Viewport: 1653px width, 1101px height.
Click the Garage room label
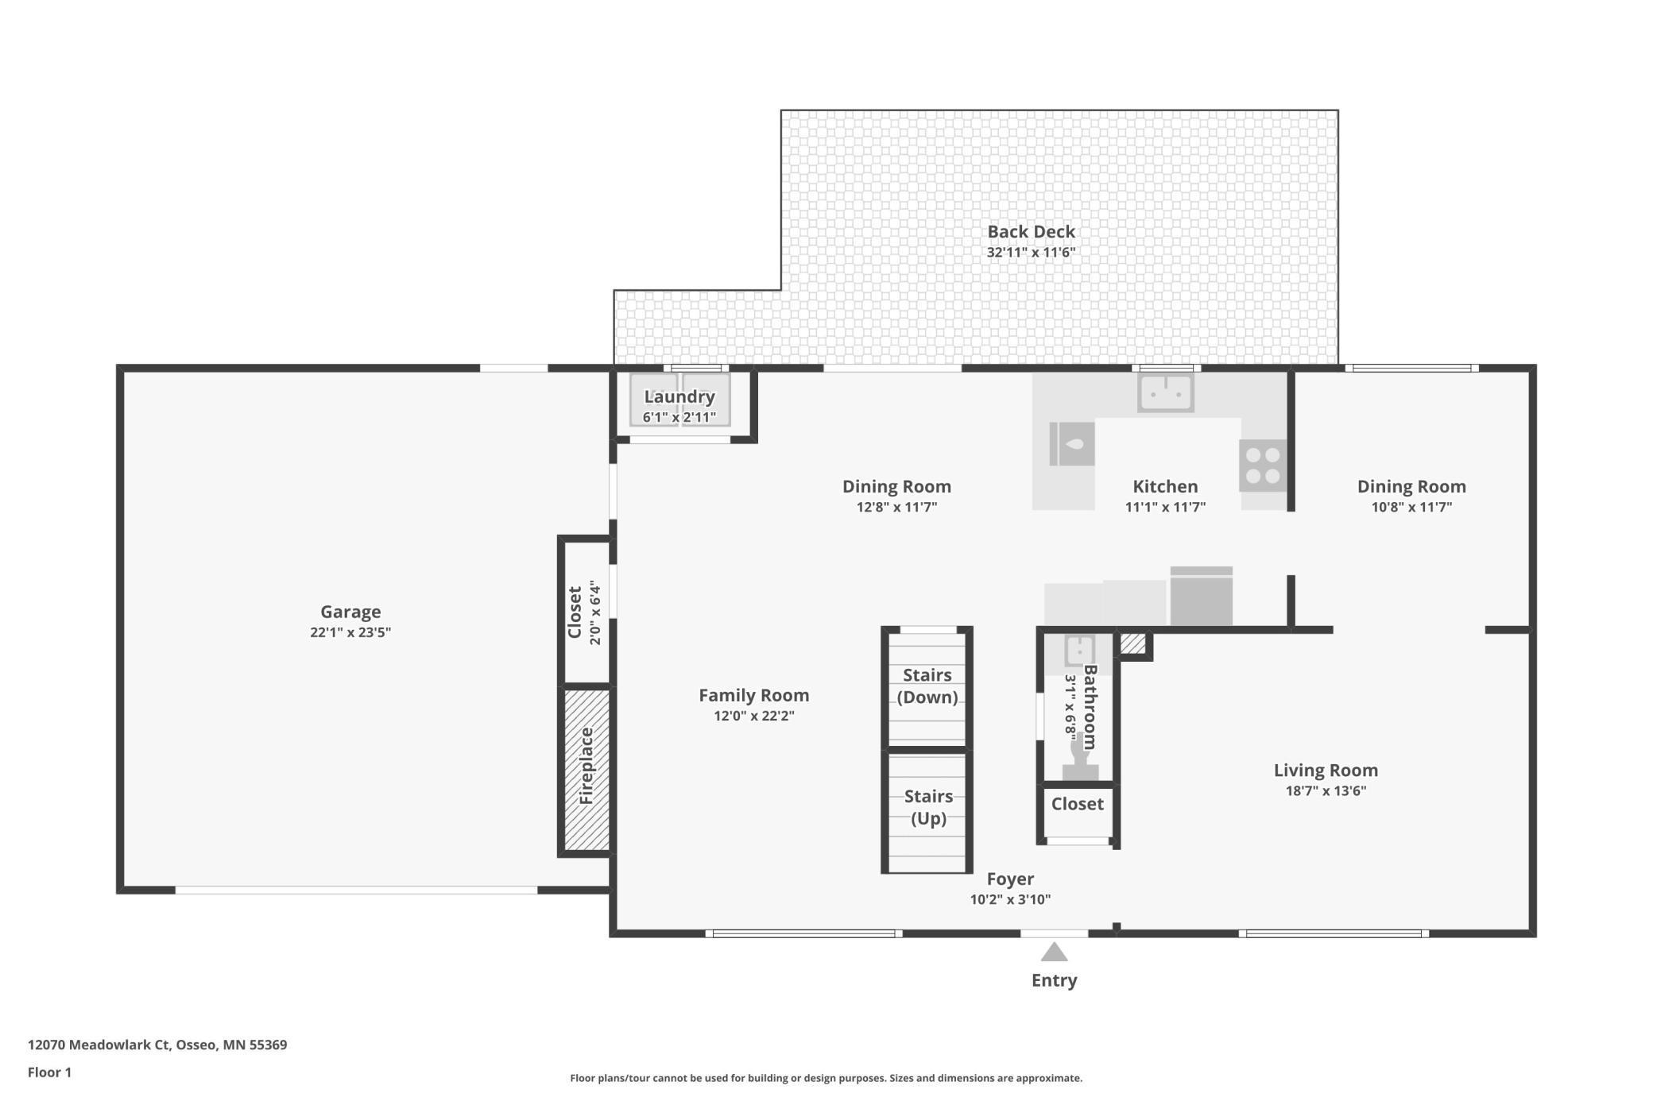(350, 612)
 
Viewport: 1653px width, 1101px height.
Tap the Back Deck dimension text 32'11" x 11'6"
(1031, 253)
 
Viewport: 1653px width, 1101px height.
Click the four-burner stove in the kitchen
(1262, 466)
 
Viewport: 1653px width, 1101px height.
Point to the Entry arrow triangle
(1054, 952)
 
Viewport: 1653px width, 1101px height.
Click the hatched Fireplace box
(586, 769)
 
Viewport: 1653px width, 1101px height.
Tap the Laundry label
(679, 396)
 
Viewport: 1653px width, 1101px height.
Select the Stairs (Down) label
(927, 686)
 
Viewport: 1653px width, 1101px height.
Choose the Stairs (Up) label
(928, 807)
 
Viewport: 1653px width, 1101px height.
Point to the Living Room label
(1326, 770)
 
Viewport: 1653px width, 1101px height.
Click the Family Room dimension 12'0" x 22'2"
(754, 716)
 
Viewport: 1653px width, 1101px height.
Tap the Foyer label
(1010, 879)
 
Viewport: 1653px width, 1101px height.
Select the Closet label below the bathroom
(1078, 804)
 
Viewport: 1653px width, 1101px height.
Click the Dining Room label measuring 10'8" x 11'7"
(1411, 486)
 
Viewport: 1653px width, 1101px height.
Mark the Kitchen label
(1165, 486)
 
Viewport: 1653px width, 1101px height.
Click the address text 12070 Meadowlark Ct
(99, 1045)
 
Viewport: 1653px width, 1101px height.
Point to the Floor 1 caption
(49, 1072)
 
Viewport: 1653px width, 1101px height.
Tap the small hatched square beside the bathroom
(1133, 643)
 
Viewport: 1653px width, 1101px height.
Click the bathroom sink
(1079, 651)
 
